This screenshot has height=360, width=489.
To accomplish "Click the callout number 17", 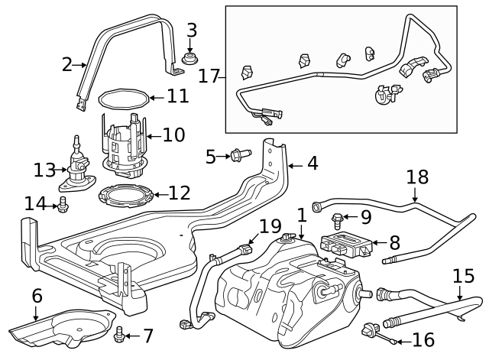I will [x=209, y=76].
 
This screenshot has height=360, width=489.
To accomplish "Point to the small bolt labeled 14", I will [x=64, y=203].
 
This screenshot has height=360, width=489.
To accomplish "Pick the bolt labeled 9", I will [x=338, y=222].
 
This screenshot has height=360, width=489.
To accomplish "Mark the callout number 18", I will [x=417, y=177].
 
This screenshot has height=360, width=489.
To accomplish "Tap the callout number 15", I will [x=463, y=277].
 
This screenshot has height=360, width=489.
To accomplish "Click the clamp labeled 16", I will [x=371, y=331].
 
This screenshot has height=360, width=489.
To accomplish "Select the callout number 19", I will [x=270, y=226].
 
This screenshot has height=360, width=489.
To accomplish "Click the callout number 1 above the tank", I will [x=302, y=215].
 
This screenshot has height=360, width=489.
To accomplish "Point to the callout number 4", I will [x=313, y=163].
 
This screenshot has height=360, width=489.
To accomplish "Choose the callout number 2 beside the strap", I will [x=67, y=64].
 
